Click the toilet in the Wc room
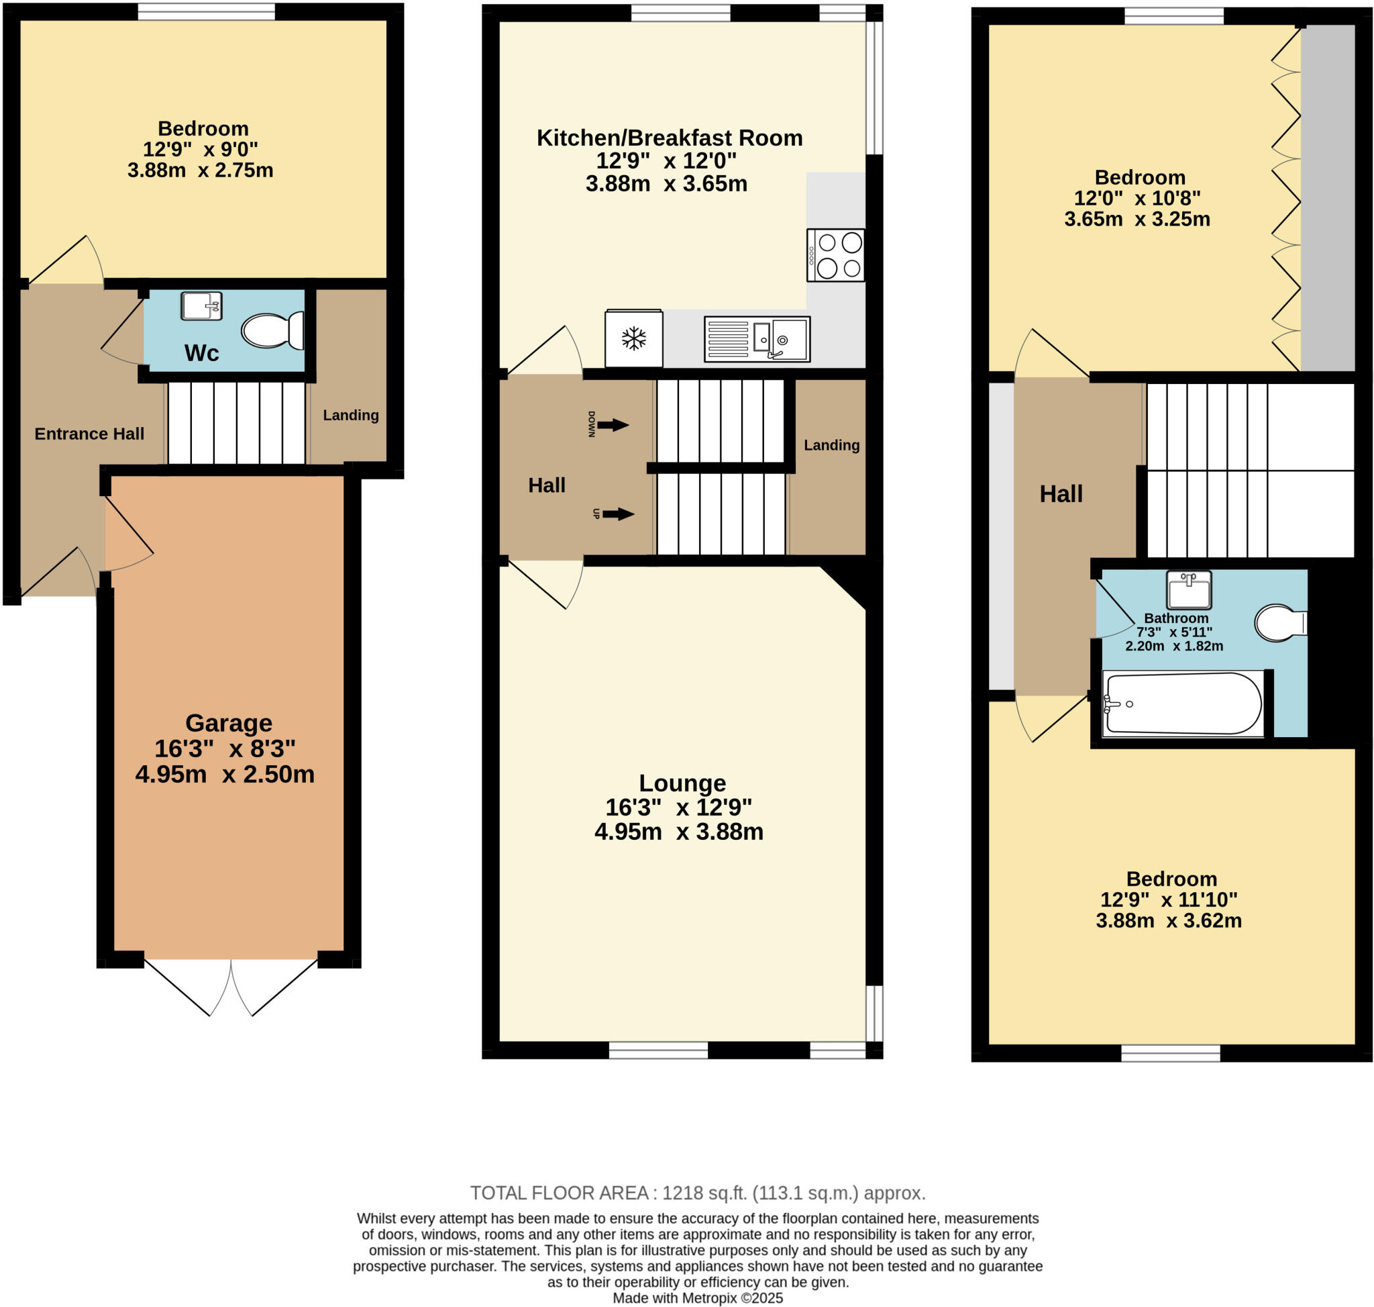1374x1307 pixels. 272,330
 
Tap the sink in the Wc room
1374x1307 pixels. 201,306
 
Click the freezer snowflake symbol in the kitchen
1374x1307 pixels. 633,338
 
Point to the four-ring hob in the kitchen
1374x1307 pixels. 835,255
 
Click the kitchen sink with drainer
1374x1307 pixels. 756,338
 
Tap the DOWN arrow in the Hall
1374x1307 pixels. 612,424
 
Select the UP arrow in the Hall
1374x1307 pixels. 617,514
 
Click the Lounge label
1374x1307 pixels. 682,783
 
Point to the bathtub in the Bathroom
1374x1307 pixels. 1183,703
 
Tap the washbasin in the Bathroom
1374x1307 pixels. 1189,590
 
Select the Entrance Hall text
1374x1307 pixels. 89,434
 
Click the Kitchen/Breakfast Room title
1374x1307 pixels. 670,138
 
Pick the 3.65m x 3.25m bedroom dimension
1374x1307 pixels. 1137,220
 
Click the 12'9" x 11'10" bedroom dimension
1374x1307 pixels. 1169,900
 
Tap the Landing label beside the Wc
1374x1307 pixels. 350,416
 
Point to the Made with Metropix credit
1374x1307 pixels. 697,1298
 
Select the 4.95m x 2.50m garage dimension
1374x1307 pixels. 224,775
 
